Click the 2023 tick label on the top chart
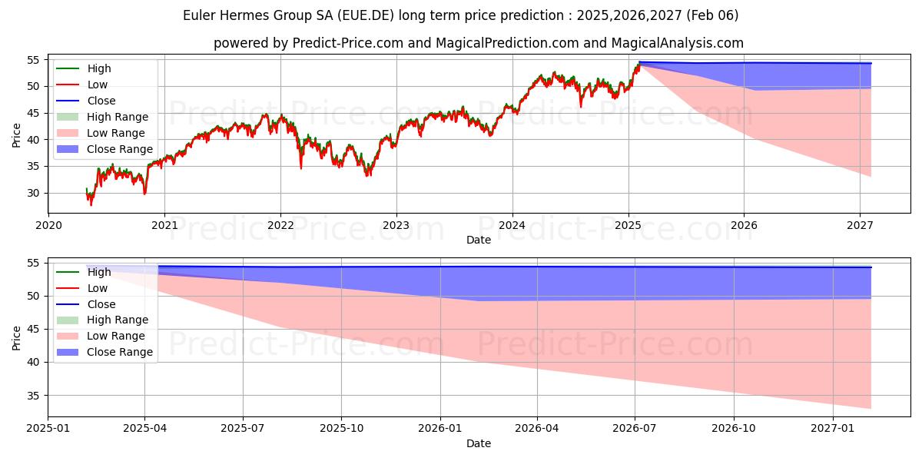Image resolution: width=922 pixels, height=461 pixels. [x=396, y=225]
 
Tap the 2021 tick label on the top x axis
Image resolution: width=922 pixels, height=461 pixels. [x=164, y=225]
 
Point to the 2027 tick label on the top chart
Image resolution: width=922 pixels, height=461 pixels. [x=860, y=225]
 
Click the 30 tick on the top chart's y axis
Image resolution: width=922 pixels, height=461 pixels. [x=34, y=193]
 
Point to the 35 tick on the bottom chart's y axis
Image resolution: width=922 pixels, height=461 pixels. [x=34, y=396]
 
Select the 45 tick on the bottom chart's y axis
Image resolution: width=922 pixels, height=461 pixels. [x=34, y=330]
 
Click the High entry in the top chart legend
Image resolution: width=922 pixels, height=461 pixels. [x=99, y=68]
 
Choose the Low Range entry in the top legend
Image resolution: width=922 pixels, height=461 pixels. [x=115, y=133]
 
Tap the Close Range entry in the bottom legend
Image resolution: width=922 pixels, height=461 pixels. [x=120, y=352]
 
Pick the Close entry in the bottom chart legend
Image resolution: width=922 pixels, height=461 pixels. [x=101, y=304]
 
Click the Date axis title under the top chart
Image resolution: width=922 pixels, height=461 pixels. [x=478, y=240]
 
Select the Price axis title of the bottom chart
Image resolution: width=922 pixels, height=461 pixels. [x=17, y=337]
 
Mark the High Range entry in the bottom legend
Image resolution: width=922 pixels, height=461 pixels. [x=118, y=320]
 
